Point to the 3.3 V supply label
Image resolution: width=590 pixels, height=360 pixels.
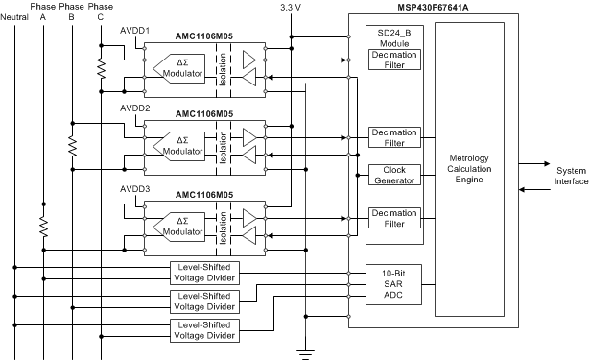click(x=291, y=8)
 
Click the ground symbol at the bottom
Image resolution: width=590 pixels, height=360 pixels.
click(x=306, y=353)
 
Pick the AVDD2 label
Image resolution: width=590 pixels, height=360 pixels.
click(x=133, y=108)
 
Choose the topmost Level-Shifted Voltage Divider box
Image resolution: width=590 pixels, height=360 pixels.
click(x=204, y=272)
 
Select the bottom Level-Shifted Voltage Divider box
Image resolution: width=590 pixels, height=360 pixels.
click(x=204, y=331)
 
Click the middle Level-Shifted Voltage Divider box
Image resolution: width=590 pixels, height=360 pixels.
click(x=204, y=301)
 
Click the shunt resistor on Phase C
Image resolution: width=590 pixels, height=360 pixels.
click(x=100, y=66)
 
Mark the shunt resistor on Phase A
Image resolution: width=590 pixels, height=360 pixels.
click(x=42, y=227)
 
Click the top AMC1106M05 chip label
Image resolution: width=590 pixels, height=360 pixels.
click(x=205, y=36)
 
